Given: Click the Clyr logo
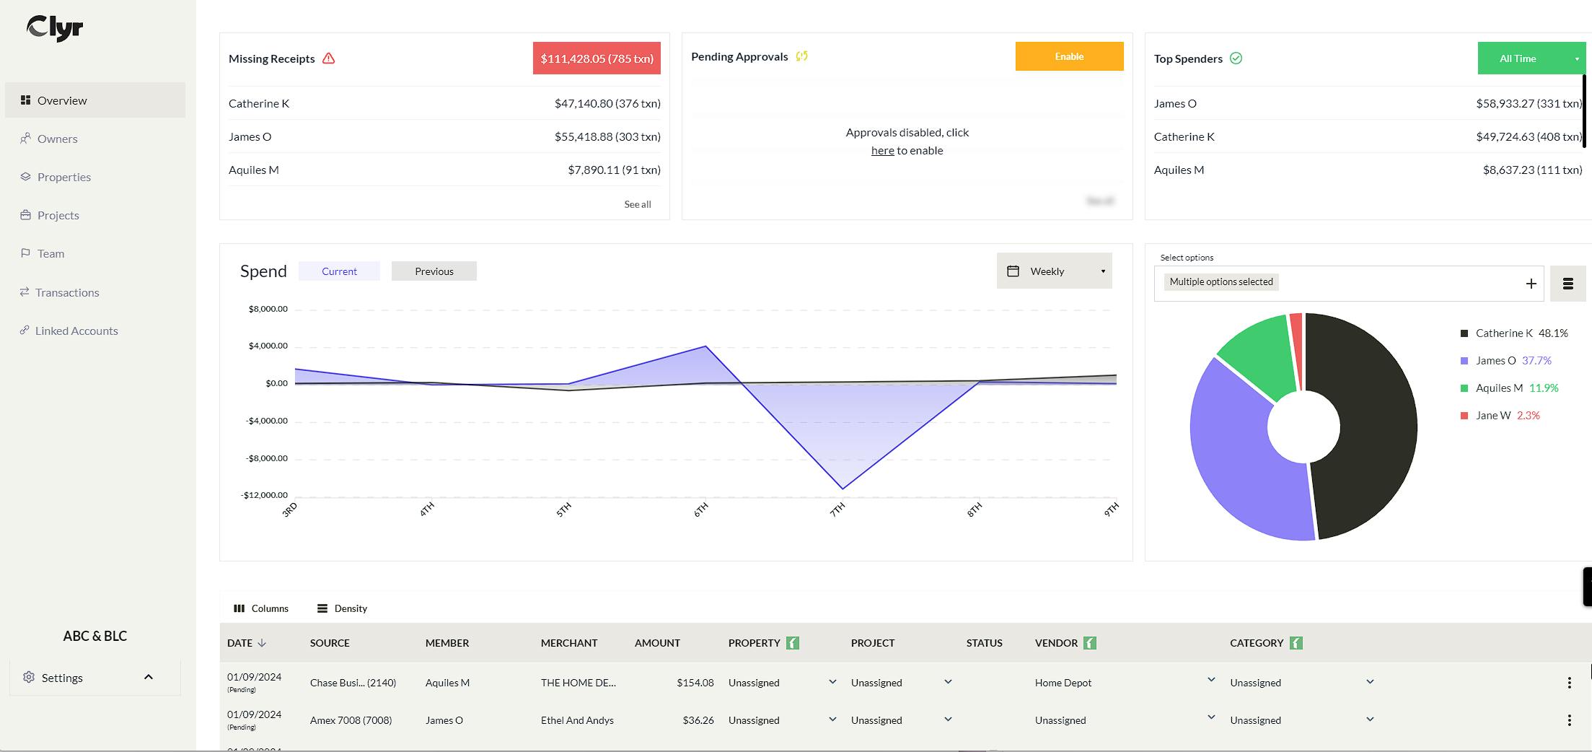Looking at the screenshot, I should pos(55,28).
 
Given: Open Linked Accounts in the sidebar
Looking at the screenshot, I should pos(76,331).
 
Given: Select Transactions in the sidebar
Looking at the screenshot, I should pos(66,292).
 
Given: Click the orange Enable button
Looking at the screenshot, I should pos(1068,56).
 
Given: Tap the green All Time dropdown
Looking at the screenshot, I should pos(1529,58).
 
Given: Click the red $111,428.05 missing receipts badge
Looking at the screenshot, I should pos(596,58).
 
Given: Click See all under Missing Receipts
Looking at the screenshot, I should pos(637,204).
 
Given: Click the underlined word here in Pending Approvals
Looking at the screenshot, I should pos(882,151).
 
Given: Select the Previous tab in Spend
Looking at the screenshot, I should pos(434,271).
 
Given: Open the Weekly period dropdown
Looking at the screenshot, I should pos(1054,271).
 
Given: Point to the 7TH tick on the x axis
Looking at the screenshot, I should pos(837,510).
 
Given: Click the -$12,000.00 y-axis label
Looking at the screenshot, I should pos(264,495).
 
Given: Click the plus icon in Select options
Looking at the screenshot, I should pos(1531,284).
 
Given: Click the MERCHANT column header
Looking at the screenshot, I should pos(568,643).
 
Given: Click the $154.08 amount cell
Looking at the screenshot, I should pos(695,683).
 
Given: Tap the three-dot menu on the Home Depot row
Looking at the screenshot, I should pos(1569,683).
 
